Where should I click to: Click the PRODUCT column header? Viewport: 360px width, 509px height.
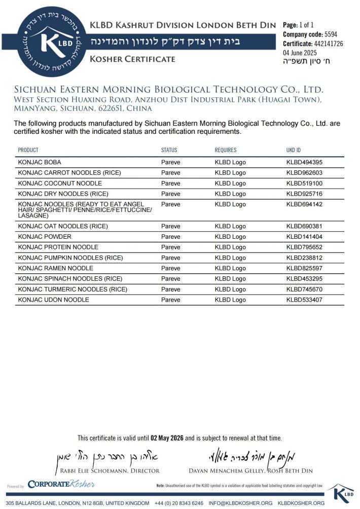click(x=28, y=150)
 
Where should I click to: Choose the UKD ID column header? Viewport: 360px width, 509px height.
click(x=294, y=150)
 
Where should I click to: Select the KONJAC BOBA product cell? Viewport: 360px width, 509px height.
click(x=40, y=162)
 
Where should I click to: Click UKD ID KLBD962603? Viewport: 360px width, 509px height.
click(x=305, y=173)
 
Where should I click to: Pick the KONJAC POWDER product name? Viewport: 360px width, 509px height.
click(x=45, y=237)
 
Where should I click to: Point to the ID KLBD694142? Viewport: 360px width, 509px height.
click(x=305, y=204)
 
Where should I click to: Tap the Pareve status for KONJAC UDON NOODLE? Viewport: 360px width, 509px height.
click(x=170, y=300)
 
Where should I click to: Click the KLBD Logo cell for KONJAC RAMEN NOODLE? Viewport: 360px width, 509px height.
click(x=230, y=268)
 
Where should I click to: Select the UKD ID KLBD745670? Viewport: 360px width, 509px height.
click(x=305, y=289)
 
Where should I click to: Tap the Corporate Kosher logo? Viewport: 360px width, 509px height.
click(x=61, y=484)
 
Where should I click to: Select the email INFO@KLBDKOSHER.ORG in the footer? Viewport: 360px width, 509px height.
click(x=240, y=503)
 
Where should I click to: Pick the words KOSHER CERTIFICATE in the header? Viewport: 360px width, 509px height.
click(x=132, y=59)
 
